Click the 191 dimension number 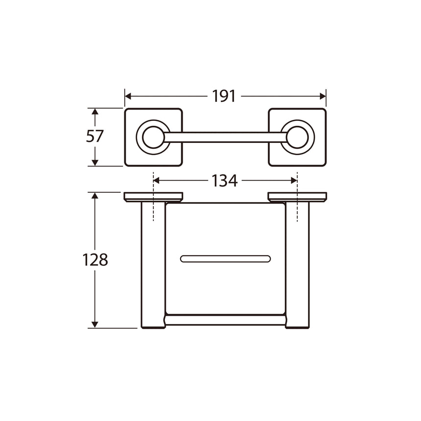click(224, 96)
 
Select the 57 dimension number click(95, 136)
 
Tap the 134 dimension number click(225, 181)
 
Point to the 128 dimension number click(95, 259)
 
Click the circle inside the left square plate click(153, 137)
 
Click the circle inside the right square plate click(298, 137)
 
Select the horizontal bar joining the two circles click(225, 137)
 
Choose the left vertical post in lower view click(153, 264)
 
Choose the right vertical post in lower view click(298, 264)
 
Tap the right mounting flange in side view click(297, 197)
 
